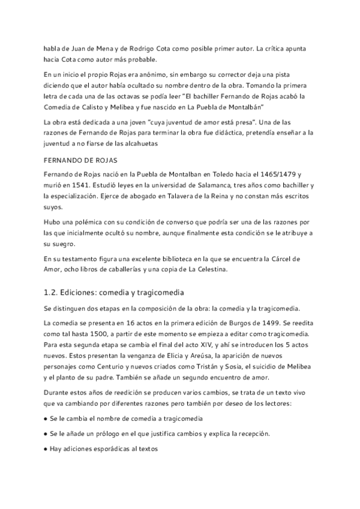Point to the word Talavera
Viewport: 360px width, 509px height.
click(187, 196)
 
